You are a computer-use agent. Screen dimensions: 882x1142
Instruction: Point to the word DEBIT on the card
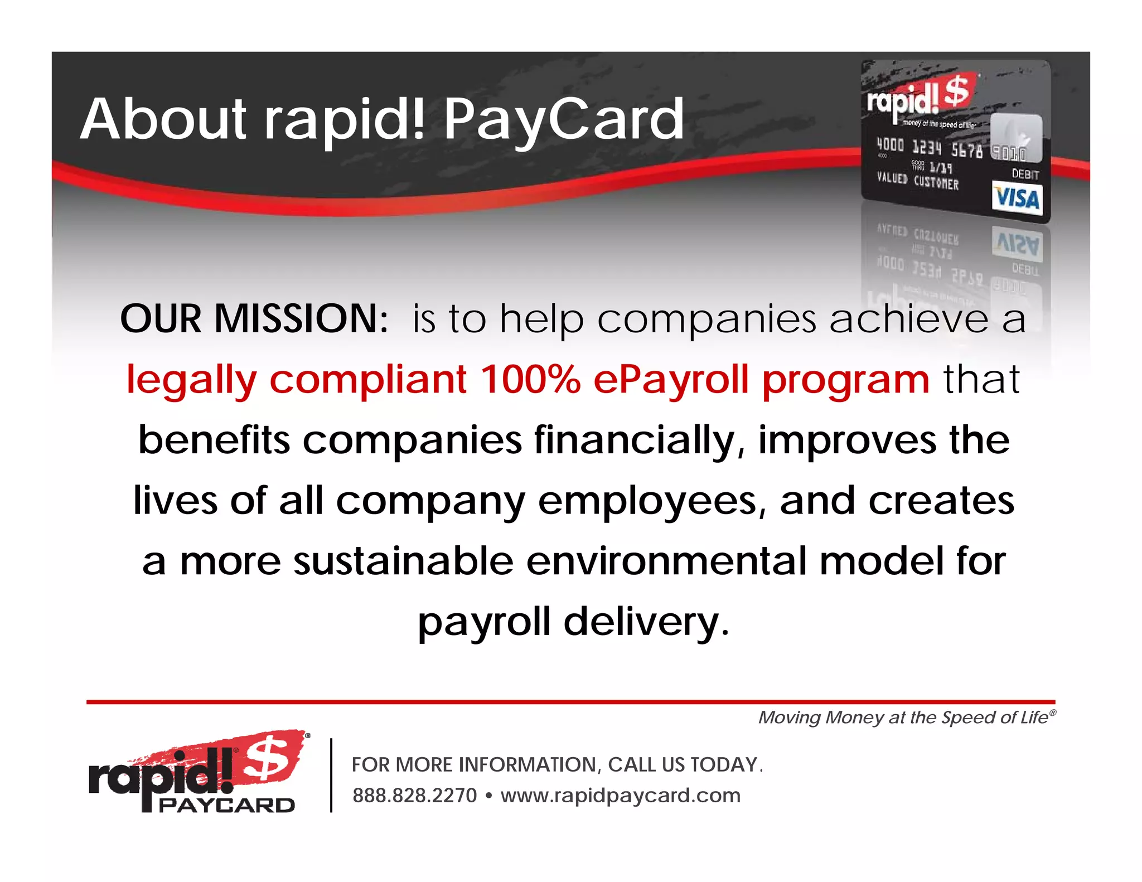click(1025, 174)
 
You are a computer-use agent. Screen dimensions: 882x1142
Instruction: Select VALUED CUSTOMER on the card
click(917, 181)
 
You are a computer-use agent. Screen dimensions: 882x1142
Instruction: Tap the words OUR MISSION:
click(254, 319)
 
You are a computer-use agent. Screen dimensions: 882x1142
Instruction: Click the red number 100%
click(530, 379)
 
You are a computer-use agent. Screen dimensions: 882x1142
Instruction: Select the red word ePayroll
click(671, 379)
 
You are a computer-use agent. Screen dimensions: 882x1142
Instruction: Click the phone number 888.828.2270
click(414, 796)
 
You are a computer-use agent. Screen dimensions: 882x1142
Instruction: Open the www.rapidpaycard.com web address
click(620, 796)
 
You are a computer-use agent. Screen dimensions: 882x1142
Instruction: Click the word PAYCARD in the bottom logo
click(226, 805)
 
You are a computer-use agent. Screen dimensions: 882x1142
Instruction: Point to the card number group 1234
click(926, 147)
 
